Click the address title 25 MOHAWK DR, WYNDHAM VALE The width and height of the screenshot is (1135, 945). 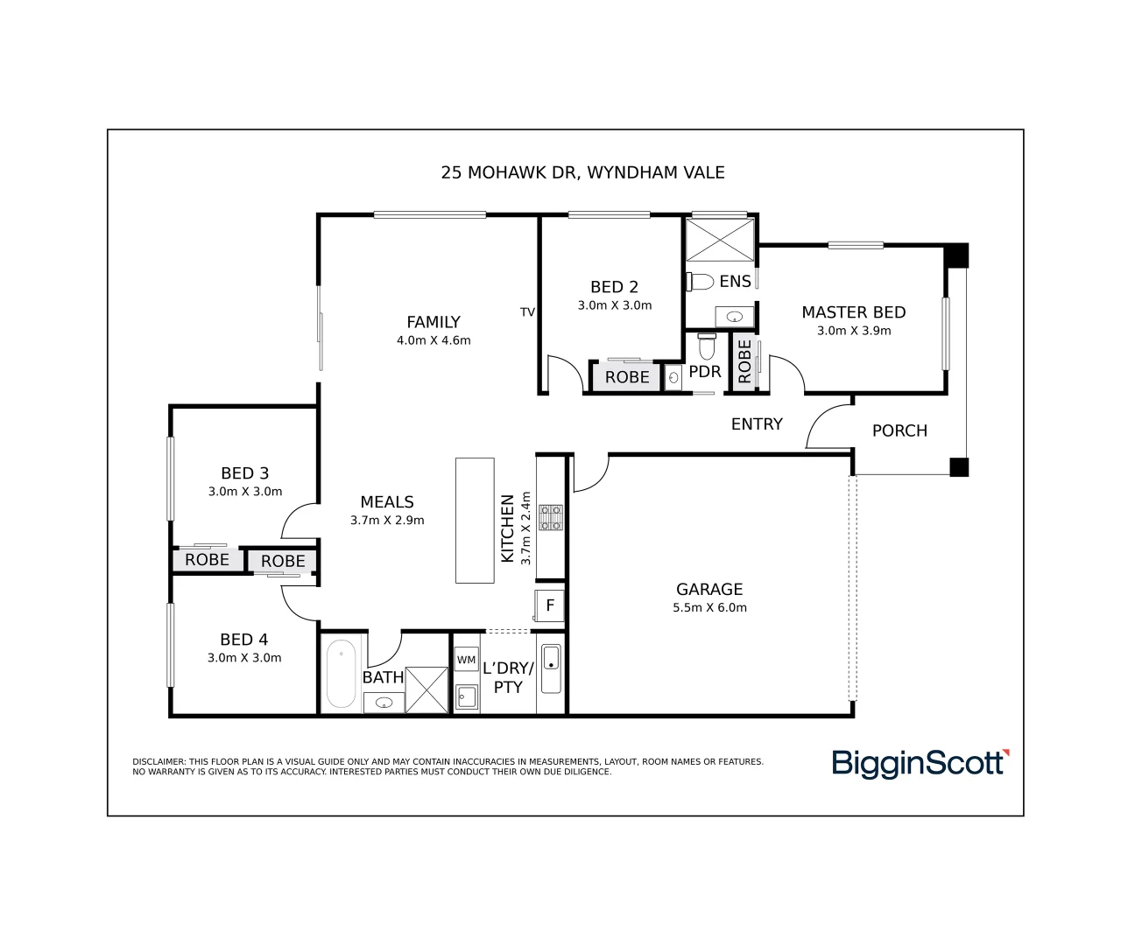pos(582,172)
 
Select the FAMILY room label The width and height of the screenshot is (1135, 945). pos(433,322)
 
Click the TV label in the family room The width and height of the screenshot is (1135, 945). pos(527,312)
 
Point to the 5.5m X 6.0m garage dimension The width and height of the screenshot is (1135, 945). pos(709,608)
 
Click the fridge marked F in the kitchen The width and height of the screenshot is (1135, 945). pos(550,605)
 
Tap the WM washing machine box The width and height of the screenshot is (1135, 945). pos(466,660)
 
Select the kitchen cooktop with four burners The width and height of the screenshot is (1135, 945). pos(550,517)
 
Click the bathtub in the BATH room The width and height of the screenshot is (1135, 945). pos(341,674)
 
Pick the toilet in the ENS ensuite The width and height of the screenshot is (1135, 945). pos(701,282)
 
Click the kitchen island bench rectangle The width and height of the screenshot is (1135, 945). pos(475,521)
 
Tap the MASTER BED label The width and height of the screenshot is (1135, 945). pos(853,312)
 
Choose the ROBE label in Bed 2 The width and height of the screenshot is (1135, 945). pos(627,377)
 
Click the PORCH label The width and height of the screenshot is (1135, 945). pos(899,430)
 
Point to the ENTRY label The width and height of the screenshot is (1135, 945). pos(757,424)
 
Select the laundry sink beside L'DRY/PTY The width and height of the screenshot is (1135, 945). pos(550,668)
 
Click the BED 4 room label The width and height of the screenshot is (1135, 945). pos(243,640)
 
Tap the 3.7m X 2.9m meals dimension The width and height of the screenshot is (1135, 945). pos(387,521)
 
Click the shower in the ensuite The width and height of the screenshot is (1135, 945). pos(719,239)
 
